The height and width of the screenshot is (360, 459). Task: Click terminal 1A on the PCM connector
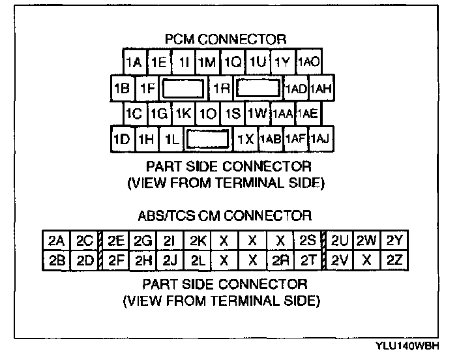[134, 63]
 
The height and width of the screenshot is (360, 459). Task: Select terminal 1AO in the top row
[308, 63]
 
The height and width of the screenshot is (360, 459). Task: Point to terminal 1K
[184, 113]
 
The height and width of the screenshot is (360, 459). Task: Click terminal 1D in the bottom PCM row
[122, 139]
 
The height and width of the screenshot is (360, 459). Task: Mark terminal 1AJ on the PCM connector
[320, 139]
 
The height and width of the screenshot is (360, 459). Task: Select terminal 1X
[245, 139]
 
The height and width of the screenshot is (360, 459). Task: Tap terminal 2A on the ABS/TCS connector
[56, 241]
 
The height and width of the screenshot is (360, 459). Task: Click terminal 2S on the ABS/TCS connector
[308, 241]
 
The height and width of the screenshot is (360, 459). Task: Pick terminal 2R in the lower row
[280, 261]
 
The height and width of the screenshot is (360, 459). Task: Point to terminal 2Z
[394, 261]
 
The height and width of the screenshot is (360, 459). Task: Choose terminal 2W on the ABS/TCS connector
[367, 241]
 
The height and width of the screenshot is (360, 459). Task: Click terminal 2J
[171, 261]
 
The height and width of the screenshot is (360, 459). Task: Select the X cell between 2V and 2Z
[367, 261]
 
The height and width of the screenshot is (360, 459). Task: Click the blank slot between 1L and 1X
[207, 139]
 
